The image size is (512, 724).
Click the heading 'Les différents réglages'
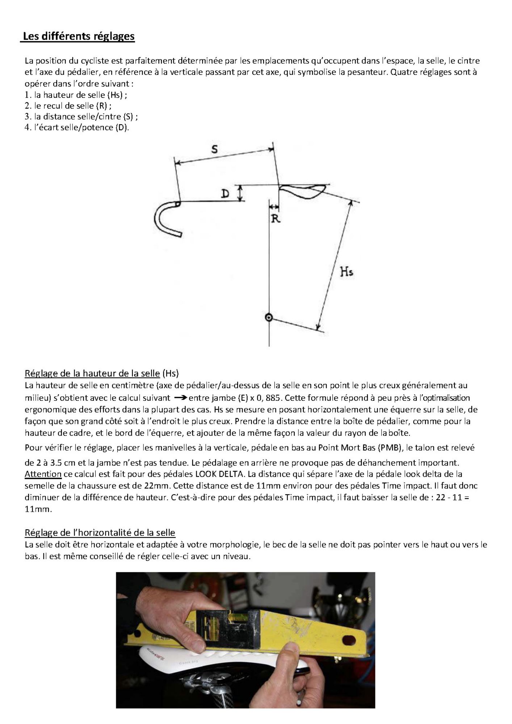point(79,37)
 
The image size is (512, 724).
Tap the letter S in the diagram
point(215,149)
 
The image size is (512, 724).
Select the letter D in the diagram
point(225,194)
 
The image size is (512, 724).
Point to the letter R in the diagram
point(276,219)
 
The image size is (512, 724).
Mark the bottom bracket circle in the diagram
point(269,317)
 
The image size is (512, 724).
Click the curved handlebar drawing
point(163,219)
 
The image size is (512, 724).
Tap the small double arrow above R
point(274,207)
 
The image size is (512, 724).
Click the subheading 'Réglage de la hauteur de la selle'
point(92,373)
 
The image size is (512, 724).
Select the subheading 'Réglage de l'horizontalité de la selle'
point(100,533)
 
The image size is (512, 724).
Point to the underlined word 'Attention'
point(43,474)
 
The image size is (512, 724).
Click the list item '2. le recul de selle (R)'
point(68,106)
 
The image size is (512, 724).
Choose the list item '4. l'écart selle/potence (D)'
point(77,127)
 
